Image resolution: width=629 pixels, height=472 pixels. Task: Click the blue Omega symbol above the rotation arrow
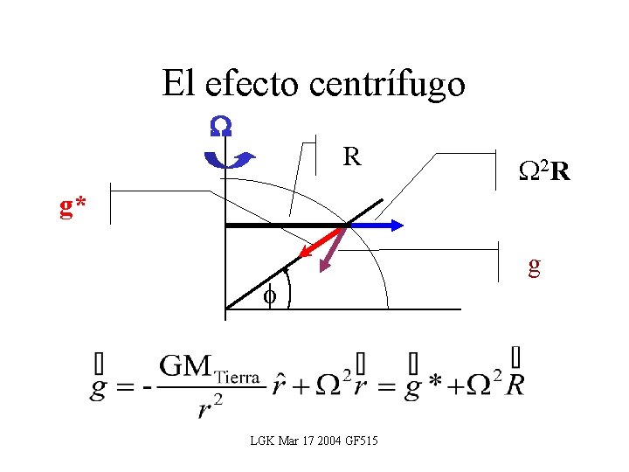220,128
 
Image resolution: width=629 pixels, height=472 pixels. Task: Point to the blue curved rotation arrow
228,159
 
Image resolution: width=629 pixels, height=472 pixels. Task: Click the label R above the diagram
352,158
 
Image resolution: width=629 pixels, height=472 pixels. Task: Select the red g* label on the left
73,207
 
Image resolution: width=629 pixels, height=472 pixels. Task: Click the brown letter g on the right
534,267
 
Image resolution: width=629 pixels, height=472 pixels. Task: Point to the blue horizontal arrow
376,225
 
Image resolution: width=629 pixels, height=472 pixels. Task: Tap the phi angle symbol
271,296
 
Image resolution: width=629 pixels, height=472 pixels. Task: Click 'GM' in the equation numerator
184,365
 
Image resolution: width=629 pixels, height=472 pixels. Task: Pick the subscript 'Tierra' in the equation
236,376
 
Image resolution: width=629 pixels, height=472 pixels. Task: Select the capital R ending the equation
515,384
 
